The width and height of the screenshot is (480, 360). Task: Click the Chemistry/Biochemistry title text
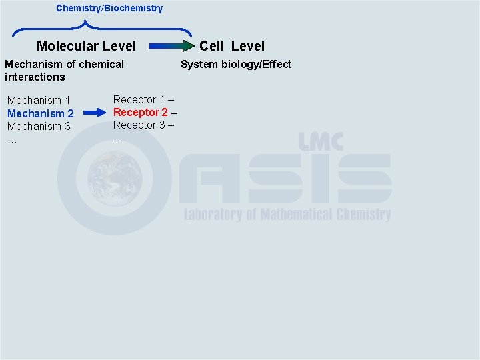point(109,8)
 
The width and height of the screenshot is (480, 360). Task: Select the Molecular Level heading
point(86,46)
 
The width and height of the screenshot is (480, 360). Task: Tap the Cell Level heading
point(232,46)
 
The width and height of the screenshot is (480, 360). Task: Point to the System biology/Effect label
point(236,64)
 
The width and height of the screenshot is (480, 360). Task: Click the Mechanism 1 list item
point(39,101)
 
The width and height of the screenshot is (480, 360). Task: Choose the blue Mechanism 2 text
point(40,113)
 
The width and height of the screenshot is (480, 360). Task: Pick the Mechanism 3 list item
point(39,126)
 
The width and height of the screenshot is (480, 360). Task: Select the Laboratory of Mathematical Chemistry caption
point(287,214)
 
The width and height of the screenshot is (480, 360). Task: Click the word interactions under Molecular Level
point(35,77)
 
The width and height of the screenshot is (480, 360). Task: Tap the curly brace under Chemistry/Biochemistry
point(102,29)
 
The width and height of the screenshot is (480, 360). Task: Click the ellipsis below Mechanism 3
point(12,140)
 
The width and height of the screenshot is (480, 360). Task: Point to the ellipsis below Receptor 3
point(118,139)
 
